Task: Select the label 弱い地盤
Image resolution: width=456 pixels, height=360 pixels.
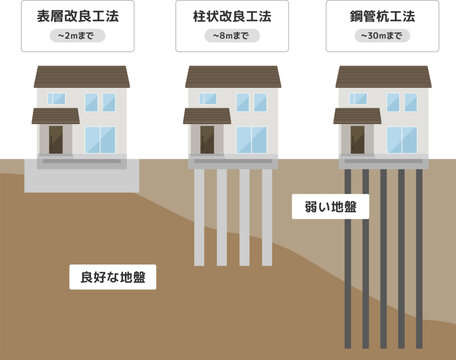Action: (x=331, y=207)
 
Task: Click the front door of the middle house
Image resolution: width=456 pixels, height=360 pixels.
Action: (x=208, y=139)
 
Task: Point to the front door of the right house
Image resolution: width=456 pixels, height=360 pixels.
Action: (x=358, y=139)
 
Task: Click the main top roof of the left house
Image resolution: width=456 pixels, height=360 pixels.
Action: (x=82, y=77)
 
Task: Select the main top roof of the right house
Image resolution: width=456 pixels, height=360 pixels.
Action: (x=383, y=77)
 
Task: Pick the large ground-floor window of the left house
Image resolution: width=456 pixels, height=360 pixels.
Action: (x=100, y=139)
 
